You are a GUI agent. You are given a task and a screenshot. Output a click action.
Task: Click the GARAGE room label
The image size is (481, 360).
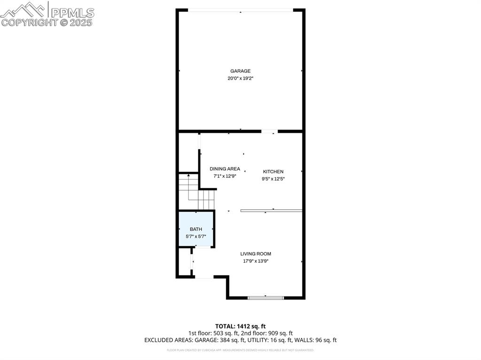point(240,71)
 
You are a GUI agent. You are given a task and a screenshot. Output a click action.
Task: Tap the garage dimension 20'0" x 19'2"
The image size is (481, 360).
point(240,78)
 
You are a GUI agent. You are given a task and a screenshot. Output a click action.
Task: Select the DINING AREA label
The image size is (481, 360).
point(225,169)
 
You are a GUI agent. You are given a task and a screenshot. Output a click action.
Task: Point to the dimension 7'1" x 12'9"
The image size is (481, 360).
point(225,176)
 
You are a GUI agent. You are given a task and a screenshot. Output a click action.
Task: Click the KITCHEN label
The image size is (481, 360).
point(273,172)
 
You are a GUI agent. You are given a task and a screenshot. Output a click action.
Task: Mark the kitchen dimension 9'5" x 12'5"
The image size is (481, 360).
point(273,179)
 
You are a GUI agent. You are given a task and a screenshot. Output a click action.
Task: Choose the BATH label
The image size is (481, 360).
point(196,229)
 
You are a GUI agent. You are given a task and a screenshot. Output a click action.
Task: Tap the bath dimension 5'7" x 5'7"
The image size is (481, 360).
point(196,237)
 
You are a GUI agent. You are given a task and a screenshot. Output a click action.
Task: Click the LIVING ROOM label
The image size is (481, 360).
point(256,254)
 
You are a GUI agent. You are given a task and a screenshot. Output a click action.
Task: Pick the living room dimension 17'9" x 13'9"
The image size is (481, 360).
point(256,261)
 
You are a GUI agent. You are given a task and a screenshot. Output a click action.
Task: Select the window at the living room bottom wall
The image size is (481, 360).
point(266,297)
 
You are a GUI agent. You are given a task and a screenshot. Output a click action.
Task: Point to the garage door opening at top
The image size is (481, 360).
point(240,10)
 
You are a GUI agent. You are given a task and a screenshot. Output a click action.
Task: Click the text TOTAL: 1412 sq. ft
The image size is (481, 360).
point(240,326)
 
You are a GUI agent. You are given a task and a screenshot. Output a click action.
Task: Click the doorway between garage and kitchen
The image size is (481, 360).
point(269,131)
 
